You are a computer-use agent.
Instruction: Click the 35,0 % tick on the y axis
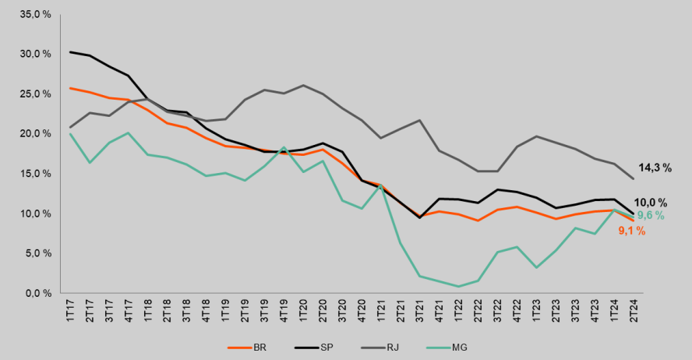[x=37, y=14]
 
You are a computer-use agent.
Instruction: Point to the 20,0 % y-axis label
[x=37, y=133]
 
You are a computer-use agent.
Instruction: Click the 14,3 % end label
[x=655, y=168]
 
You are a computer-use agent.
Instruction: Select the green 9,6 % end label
[x=651, y=216]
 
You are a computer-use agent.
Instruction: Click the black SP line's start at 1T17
[x=71, y=52]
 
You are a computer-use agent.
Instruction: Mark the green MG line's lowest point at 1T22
[x=458, y=286]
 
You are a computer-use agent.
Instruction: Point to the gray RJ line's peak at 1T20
[x=303, y=86]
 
